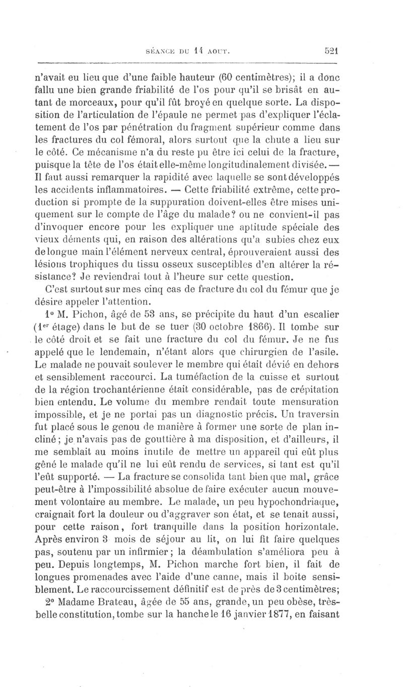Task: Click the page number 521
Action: [330, 50]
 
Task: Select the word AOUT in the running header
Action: [217, 51]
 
